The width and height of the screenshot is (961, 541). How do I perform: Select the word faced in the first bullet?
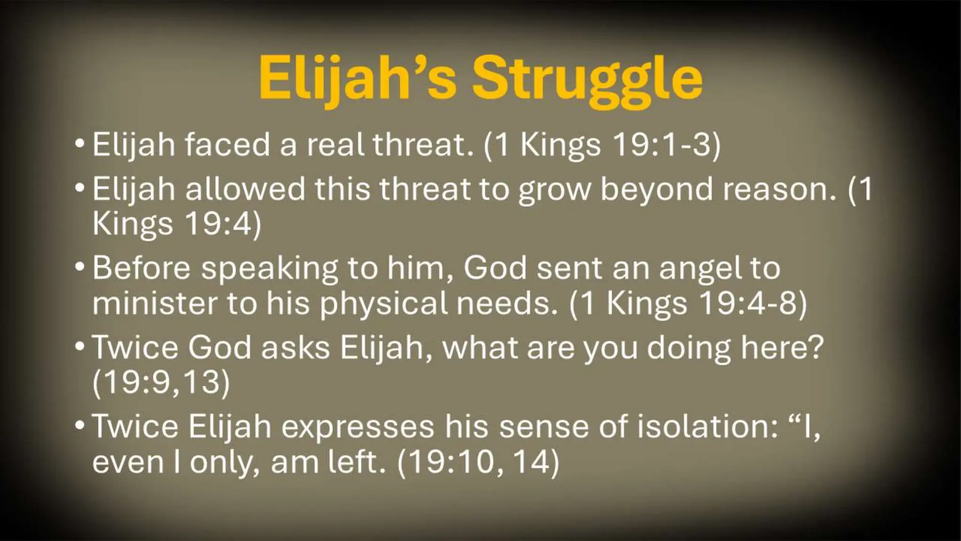(x=227, y=144)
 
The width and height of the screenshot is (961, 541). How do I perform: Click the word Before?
(x=141, y=268)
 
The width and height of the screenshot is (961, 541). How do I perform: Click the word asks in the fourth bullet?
(x=296, y=348)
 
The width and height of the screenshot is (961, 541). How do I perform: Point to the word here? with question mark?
(x=782, y=348)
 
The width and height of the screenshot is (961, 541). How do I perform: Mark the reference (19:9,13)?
(x=161, y=383)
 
